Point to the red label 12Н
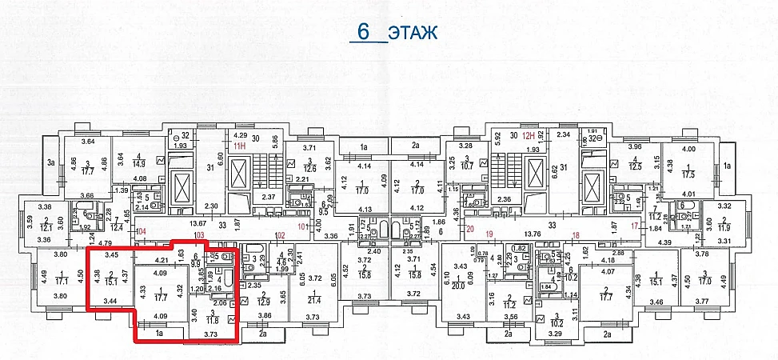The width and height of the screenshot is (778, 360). point(527,136)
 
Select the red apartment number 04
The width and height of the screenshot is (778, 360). point(142,232)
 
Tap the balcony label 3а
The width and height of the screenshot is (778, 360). point(51,163)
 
